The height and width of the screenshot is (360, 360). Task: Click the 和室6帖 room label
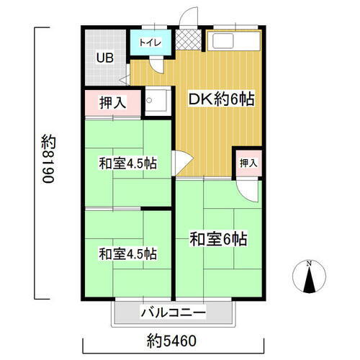(x=219, y=238)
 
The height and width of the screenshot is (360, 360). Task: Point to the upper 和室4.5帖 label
(x=127, y=164)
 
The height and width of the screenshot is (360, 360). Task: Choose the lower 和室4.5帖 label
(x=127, y=253)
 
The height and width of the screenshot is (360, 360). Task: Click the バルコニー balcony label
(x=173, y=312)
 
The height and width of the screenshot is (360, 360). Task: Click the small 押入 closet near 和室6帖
(x=248, y=163)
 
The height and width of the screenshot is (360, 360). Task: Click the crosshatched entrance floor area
(x=187, y=41)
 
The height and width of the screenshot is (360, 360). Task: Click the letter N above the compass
(x=309, y=263)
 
